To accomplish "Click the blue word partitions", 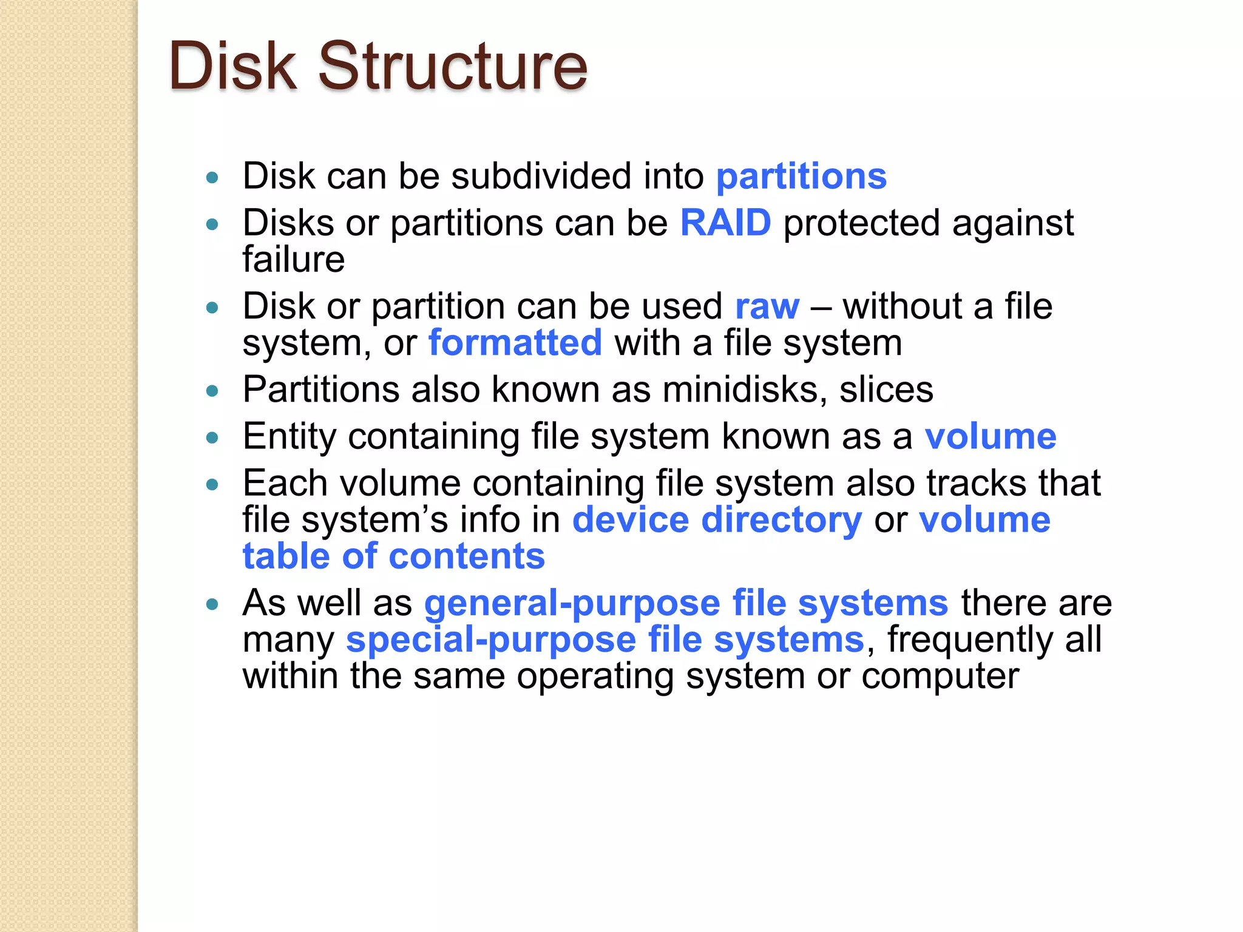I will point(801,177).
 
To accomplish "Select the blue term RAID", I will point(725,223).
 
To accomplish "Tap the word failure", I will point(294,260).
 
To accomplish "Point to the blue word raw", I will point(767,306).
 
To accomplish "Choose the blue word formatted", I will point(515,343).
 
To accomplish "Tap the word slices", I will point(886,390).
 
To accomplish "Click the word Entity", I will point(289,437).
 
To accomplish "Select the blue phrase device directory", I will point(717,520).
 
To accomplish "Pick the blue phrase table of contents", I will point(394,556).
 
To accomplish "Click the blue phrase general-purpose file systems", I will point(686,603).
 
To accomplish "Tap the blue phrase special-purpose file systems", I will point(605,640).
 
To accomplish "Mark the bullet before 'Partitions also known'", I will point(212,391).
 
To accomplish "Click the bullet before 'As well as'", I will point(212,604).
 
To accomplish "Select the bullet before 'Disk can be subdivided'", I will point(212,178).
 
